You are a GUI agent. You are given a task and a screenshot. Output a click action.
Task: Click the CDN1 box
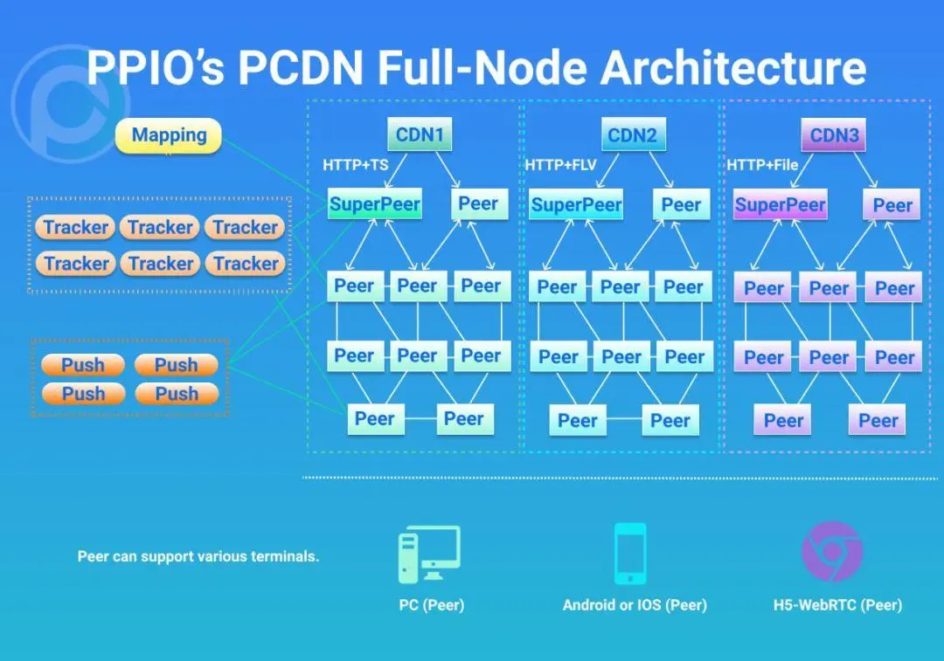click(420, 135)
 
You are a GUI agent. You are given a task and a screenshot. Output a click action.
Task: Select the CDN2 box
click(632, 135)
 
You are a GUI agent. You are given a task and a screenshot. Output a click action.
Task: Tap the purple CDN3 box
click(834, 135)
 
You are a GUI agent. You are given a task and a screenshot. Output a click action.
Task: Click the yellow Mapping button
click(169, 135)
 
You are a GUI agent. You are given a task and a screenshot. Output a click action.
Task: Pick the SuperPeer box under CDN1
click(375, 205)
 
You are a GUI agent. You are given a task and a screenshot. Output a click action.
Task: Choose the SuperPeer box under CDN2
click(576, 205)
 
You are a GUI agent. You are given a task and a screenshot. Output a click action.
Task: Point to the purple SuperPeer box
click(780, 206)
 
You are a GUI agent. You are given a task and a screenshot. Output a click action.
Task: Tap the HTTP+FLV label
click(560, 165)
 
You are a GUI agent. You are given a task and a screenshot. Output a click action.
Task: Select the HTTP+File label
click(763, 165)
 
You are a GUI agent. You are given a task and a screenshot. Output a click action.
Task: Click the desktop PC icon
click(428, 554)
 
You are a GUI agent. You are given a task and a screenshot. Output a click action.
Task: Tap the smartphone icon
click(629, 554)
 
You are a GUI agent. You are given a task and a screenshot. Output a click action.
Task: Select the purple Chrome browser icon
click(832, 551)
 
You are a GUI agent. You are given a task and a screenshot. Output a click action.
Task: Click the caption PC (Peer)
click(431, 604)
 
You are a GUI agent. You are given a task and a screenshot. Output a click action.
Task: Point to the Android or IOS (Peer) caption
click(635, 604)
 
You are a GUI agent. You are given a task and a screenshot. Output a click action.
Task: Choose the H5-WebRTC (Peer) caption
click(837, 604)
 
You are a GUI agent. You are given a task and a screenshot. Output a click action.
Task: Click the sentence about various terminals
click(198, 555)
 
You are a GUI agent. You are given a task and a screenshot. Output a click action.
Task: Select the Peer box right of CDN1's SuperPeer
click(478, 204)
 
